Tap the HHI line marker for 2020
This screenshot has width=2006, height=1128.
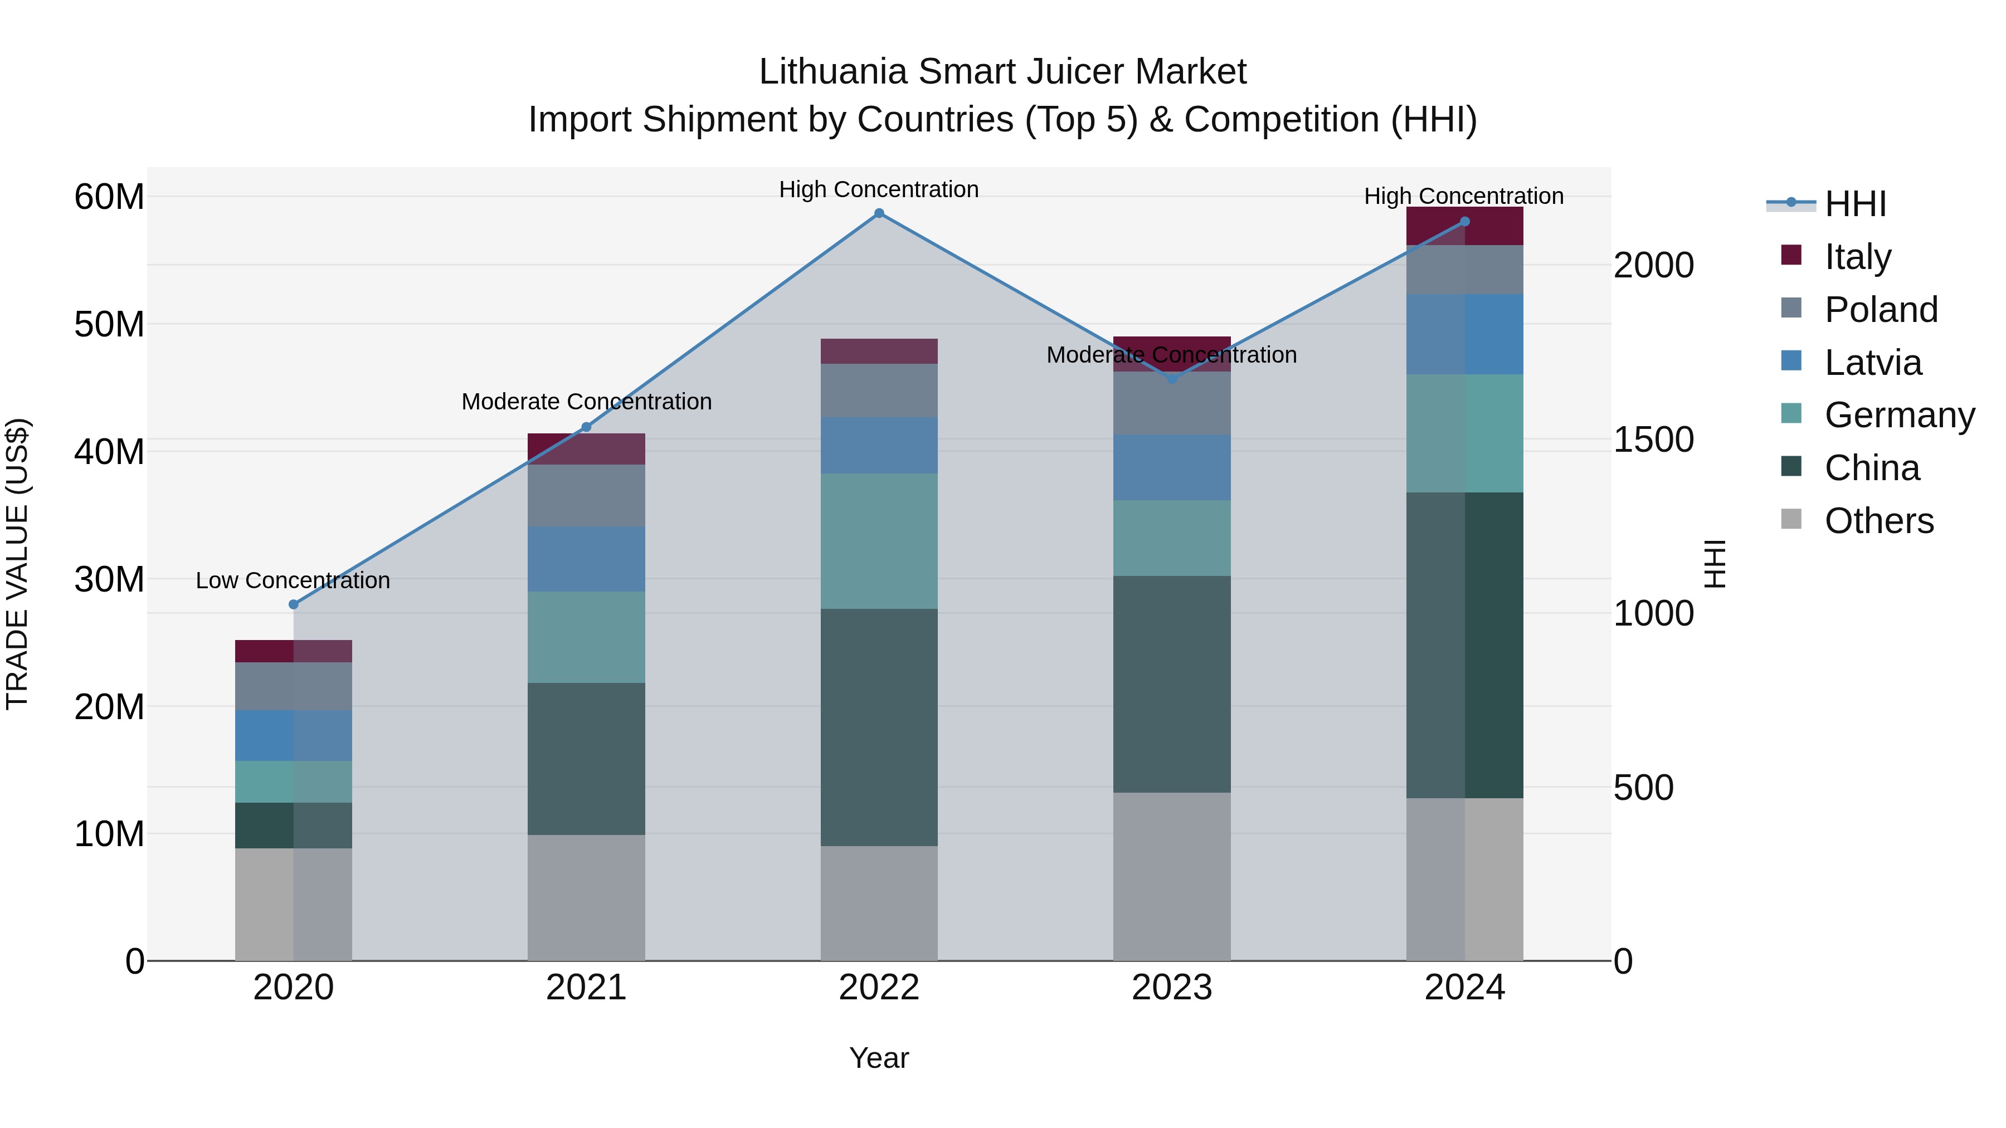(294, 605)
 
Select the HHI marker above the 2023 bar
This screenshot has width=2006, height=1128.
(1171, 379)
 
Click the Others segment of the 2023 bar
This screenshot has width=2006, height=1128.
(1171, 877)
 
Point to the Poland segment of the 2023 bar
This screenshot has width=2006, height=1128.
(1171, 403)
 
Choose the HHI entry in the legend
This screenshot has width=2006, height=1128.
(1854, 204)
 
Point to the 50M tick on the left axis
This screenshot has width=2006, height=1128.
(109, 325)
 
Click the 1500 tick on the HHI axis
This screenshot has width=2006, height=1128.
(1653, 440)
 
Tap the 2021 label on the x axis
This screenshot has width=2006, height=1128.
(586, 988)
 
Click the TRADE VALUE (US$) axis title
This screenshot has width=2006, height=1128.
(17, 564)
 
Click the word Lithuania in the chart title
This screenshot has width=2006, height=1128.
(832, 72)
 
